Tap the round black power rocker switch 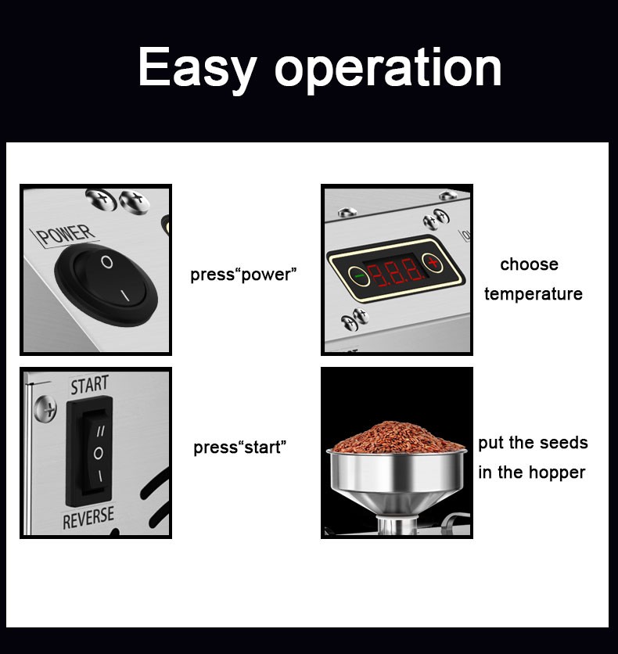tap(106, 285)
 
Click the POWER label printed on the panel tap(66, 235)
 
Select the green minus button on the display tap(358, 275)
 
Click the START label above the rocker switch tap(90, 385)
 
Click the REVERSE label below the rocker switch tap(88, 518)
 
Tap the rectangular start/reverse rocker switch tap(89, 451)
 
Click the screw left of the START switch tap(45, 408)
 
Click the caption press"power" tap(243, 275)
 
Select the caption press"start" tap(240, 447)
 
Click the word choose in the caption tap(529, 264)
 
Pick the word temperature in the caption tap(534, 294)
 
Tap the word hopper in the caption tap(557, 473)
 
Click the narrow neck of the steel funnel tap(397, 525)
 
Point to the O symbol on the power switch tap(107, 262)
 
